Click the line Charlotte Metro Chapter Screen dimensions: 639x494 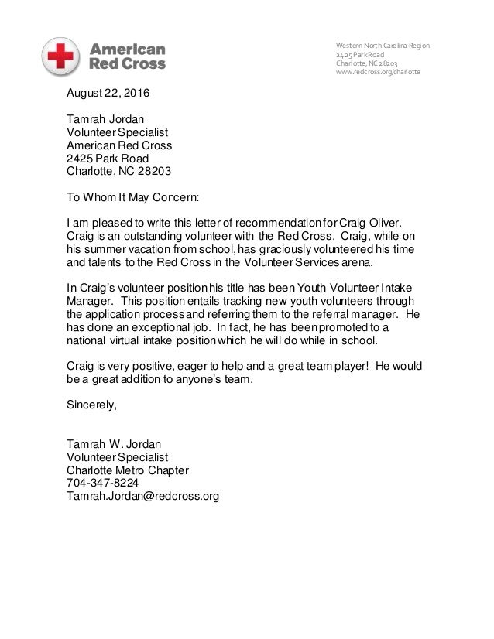128,470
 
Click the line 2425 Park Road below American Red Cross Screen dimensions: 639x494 109,159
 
